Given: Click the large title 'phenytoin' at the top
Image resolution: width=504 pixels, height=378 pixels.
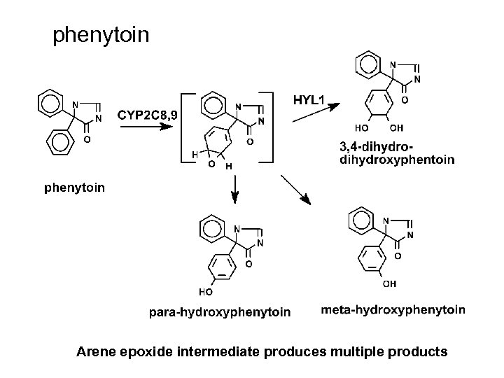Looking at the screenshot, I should (101, 34).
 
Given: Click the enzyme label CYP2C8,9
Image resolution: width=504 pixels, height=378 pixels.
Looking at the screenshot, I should (147, 113).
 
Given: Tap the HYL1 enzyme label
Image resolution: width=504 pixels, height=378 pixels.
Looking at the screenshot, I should (309, 100).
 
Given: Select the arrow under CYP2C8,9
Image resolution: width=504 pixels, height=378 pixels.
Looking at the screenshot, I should (146, 127).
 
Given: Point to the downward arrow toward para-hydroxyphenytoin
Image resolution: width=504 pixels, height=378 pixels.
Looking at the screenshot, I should (235, 188).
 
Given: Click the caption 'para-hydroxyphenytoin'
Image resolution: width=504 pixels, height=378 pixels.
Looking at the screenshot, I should (220, 311).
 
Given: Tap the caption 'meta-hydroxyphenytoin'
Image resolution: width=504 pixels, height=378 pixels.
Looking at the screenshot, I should (393, 309).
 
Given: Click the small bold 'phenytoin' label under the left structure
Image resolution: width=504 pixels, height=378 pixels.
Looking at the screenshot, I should (75, 188).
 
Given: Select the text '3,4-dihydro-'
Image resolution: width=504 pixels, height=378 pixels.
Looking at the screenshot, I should (377, 147).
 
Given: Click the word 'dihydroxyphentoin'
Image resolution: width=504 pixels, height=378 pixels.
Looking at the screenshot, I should (396, 160).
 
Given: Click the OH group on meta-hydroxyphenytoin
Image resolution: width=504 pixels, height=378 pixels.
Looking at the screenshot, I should (389, 283).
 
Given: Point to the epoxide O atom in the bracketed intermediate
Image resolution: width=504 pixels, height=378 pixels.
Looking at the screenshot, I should (211, 164).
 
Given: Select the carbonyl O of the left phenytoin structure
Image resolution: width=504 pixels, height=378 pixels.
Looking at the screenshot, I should (86, 140).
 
